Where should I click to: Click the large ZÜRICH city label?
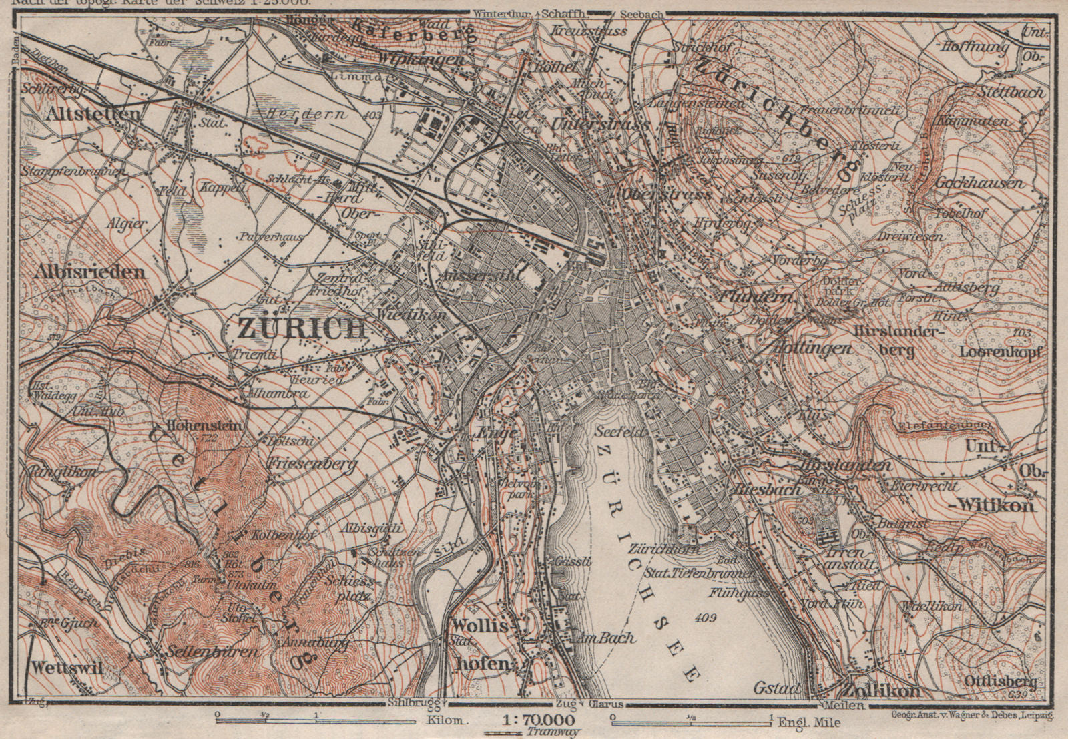click(302, 328)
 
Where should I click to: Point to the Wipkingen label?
click(421, 59)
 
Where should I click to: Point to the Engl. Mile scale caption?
click(808, 722)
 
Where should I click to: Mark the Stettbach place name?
click(1012, 93)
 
